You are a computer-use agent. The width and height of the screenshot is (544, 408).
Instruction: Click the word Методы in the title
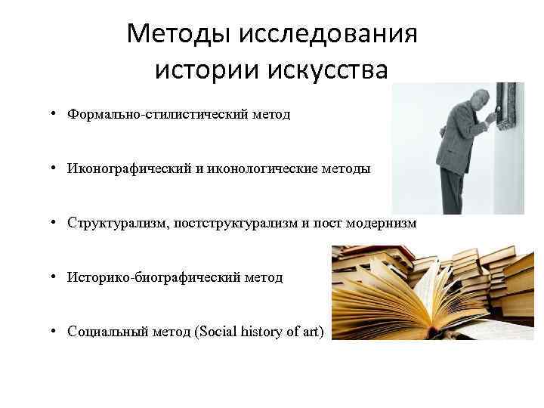click(178, 34)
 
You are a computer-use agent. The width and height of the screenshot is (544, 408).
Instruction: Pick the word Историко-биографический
click(153, 278)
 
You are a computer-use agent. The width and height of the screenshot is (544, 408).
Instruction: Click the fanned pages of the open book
click(423, 295)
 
